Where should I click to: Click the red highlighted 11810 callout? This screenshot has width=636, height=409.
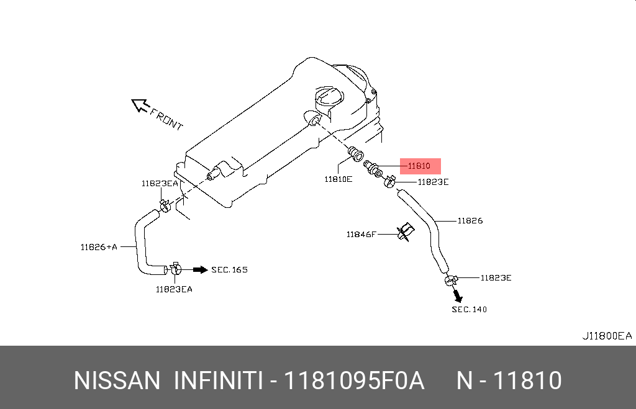420,166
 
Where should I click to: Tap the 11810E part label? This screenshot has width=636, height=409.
338,179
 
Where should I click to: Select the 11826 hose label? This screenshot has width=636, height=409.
470,221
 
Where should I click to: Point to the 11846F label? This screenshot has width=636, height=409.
361,235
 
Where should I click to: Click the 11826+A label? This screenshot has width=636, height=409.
99,247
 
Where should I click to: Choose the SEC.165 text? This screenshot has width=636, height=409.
230,270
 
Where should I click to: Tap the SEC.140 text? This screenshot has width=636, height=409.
470,310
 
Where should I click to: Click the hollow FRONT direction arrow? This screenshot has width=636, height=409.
140,106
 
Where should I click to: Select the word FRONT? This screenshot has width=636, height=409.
166,119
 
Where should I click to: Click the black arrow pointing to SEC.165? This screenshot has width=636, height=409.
201,269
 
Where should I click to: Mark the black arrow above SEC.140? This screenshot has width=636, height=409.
458,296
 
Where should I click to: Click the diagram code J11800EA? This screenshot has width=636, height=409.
607,336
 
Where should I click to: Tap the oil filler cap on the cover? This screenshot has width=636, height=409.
329,97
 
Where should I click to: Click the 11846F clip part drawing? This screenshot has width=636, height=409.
406,232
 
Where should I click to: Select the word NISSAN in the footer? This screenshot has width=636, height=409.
117,380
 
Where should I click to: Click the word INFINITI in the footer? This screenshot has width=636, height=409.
218,380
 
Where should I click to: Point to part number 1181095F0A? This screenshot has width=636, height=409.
353,380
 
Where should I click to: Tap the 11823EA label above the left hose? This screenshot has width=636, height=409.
160,184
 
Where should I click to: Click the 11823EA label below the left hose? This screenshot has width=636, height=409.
174,289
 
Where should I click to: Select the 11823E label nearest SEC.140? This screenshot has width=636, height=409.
496,278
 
